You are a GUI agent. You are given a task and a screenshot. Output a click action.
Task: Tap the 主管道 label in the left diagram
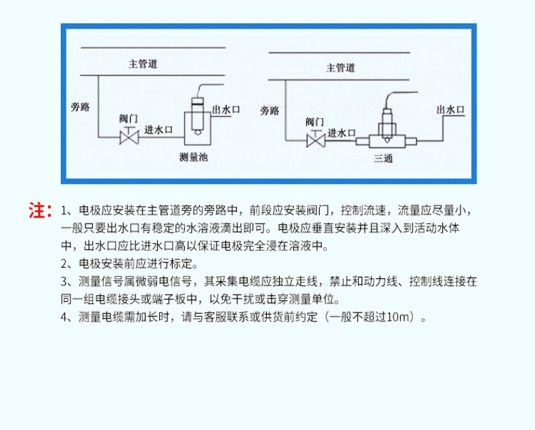(143, 64)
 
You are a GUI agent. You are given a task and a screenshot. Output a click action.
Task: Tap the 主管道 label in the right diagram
(341, 68)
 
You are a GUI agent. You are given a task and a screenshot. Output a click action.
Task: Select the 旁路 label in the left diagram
(80, 107)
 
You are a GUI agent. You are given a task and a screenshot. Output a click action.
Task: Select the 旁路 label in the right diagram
(270, 111)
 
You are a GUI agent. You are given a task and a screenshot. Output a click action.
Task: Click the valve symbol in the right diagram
(316, 139)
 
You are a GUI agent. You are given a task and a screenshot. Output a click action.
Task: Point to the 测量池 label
(194, 157)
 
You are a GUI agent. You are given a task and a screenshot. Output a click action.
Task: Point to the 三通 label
(383, 158)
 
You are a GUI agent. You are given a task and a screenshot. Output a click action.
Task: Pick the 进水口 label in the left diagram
(158, 130)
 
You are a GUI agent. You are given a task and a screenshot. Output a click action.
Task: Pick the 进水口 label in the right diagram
(341, 133)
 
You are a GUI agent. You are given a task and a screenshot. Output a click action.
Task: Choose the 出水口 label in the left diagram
(226, 110)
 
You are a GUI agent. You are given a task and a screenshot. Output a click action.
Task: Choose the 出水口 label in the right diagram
(451, 110)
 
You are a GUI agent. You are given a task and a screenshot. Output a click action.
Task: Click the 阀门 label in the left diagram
(129, 119)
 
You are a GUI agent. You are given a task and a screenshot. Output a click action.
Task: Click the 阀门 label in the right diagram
(315, 121)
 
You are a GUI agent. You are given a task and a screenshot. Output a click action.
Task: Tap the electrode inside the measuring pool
(198, 116)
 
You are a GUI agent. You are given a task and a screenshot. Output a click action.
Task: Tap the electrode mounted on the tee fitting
(387, 125)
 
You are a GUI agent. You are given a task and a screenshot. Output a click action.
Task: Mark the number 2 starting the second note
(64, 264)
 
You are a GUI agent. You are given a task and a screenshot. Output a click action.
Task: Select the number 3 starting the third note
(64, 281)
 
